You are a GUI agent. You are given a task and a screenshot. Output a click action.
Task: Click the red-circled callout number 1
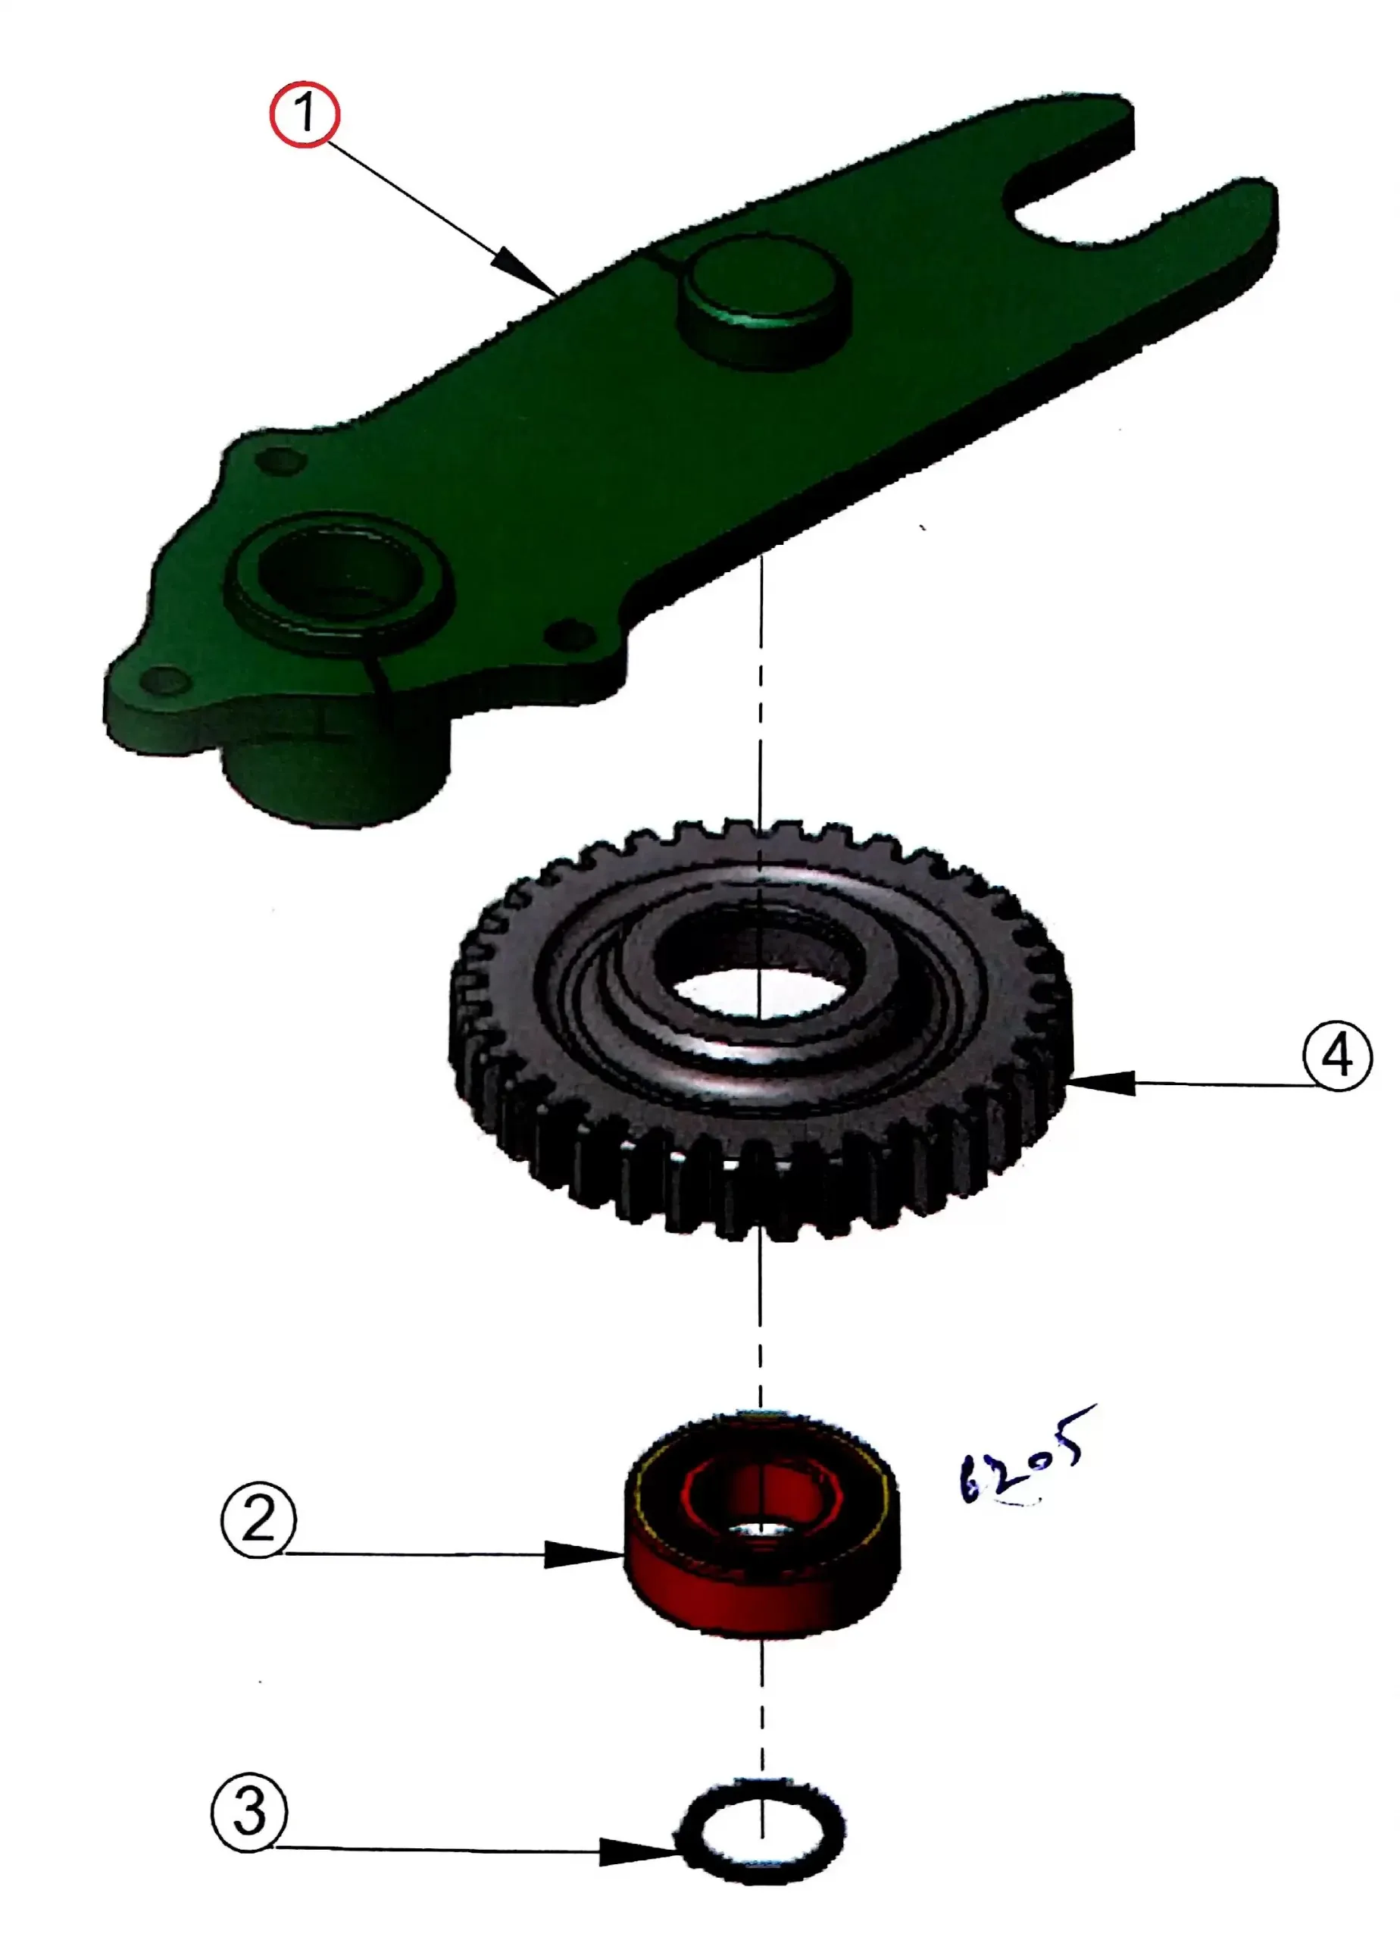click(x=305, y=114)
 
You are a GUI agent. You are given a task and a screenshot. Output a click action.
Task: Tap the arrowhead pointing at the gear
click(x=1103, y=1083)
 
